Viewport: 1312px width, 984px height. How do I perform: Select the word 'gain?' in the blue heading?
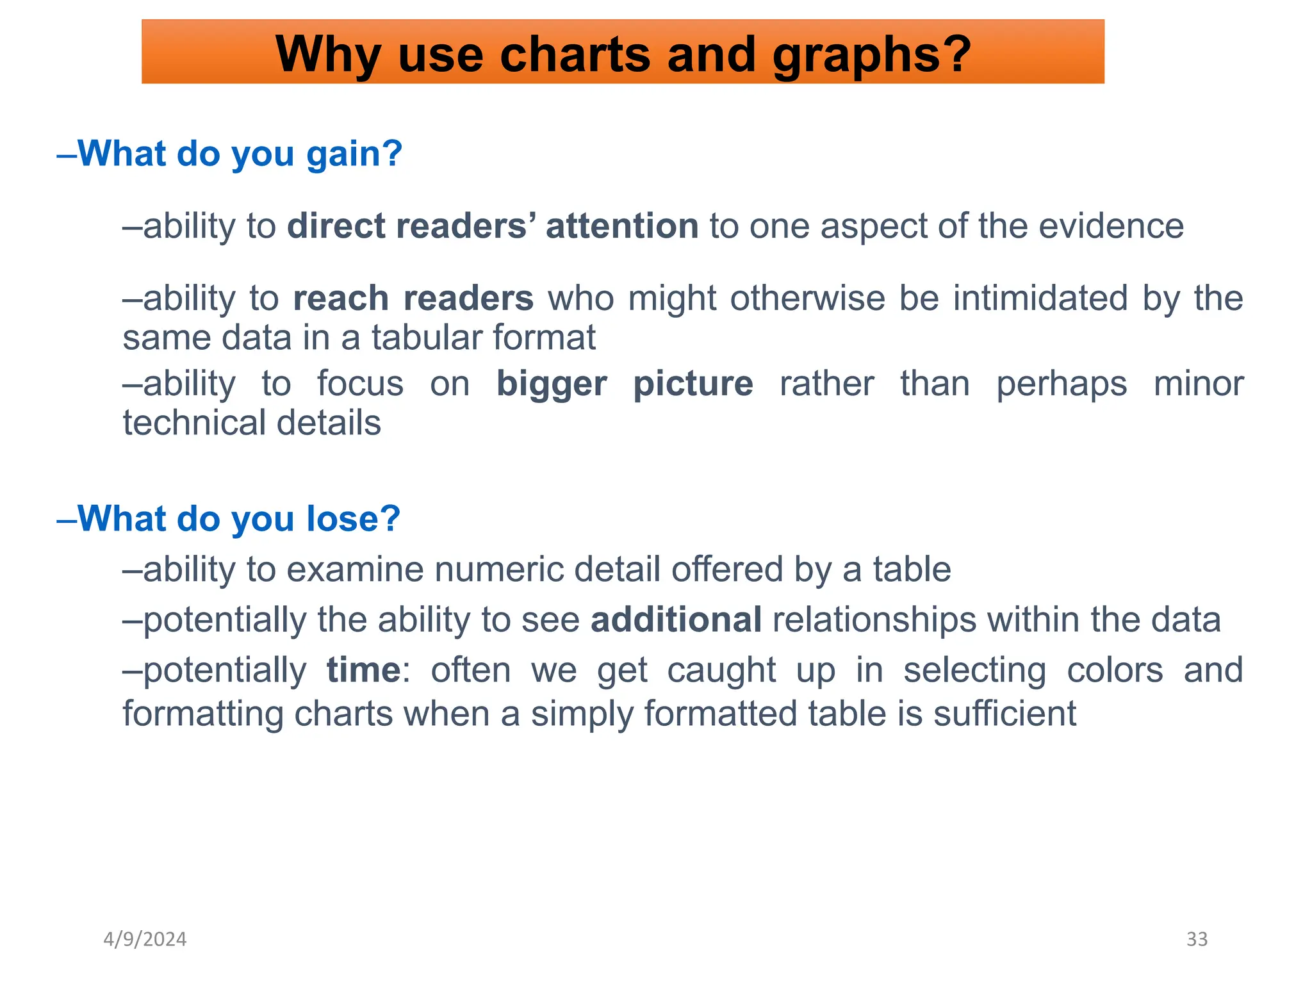(x=354, y=154)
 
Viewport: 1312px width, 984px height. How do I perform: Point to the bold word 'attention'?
(x=621, y=226)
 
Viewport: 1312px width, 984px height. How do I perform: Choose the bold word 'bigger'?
(x=552, y=384)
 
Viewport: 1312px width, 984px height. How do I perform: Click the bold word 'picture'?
(x=693, y=384)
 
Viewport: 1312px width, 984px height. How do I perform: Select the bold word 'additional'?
(x=676, y=619)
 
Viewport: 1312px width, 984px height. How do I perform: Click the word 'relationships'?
(x=874, y=619)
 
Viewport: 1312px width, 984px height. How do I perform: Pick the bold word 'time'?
(x=363, y=670)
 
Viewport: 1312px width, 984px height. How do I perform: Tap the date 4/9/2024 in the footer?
(x=145, y=939)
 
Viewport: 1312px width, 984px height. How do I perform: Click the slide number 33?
(x=1197, y=939)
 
